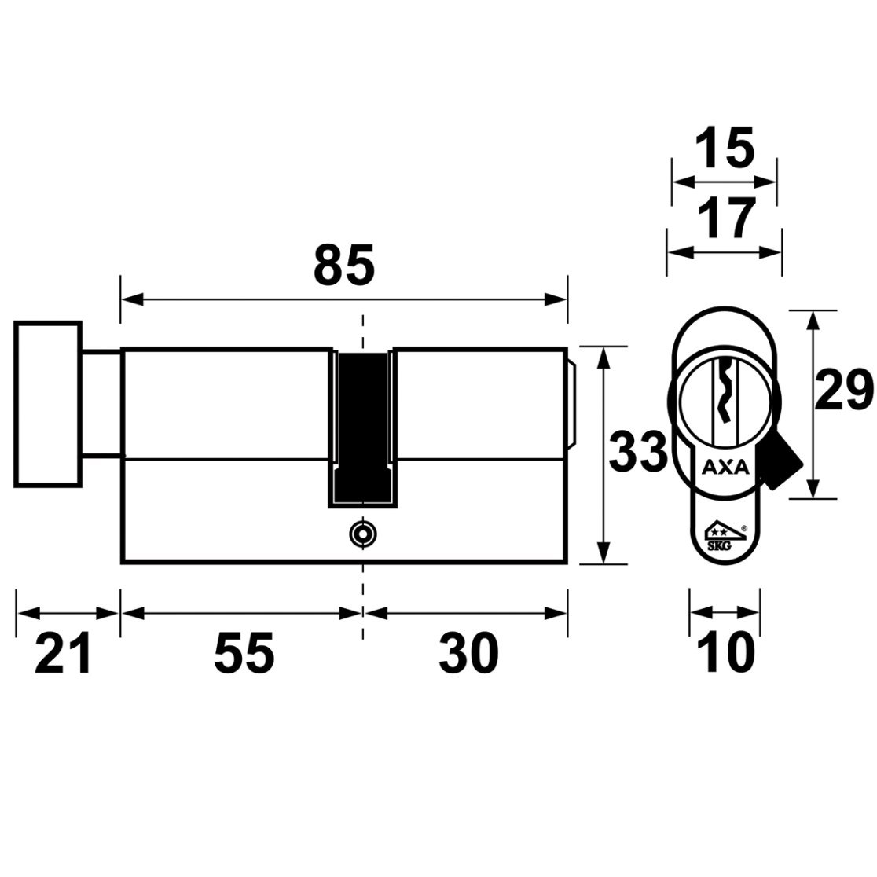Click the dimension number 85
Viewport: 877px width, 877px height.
pyautogui.click(x=344, y=264)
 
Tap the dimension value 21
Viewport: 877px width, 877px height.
pyautogui.click(x=63, y=653)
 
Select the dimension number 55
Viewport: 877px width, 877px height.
pyautogui.click(x=244, y=653)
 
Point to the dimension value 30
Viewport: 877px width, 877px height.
pyautogui.click(x=468, y=653)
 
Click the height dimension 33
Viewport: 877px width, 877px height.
pyautogui.click(x=638, y=451)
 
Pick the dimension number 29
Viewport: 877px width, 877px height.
pyautogui.click(x=843, y=390)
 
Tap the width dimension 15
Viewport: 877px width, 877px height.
pyautogui.click(x=725, y=149)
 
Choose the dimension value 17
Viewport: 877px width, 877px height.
pyautogui.click(x=727, y=218)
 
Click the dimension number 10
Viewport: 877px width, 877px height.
pyautogui.click(x=727, y=653)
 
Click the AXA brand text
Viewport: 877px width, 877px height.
pyautogui.click(x=725, y=467)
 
